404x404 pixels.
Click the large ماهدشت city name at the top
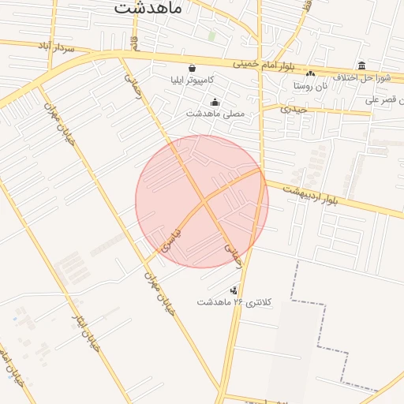(x=148, y=8)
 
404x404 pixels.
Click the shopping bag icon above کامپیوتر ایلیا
(x=193, y=68)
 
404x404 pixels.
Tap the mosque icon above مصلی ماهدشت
(x=215, y=102)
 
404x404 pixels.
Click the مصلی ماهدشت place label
(x=215, y=114)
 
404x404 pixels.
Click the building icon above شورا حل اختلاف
(x=361, y=65)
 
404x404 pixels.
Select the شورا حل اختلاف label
(x=360, y=77)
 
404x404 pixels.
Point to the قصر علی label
(x=384, y=100)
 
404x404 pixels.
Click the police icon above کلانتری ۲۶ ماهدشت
(x=232, y=290)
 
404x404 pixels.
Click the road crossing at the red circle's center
(x=202, y=202)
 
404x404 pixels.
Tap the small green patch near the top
(x=211, y=36)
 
